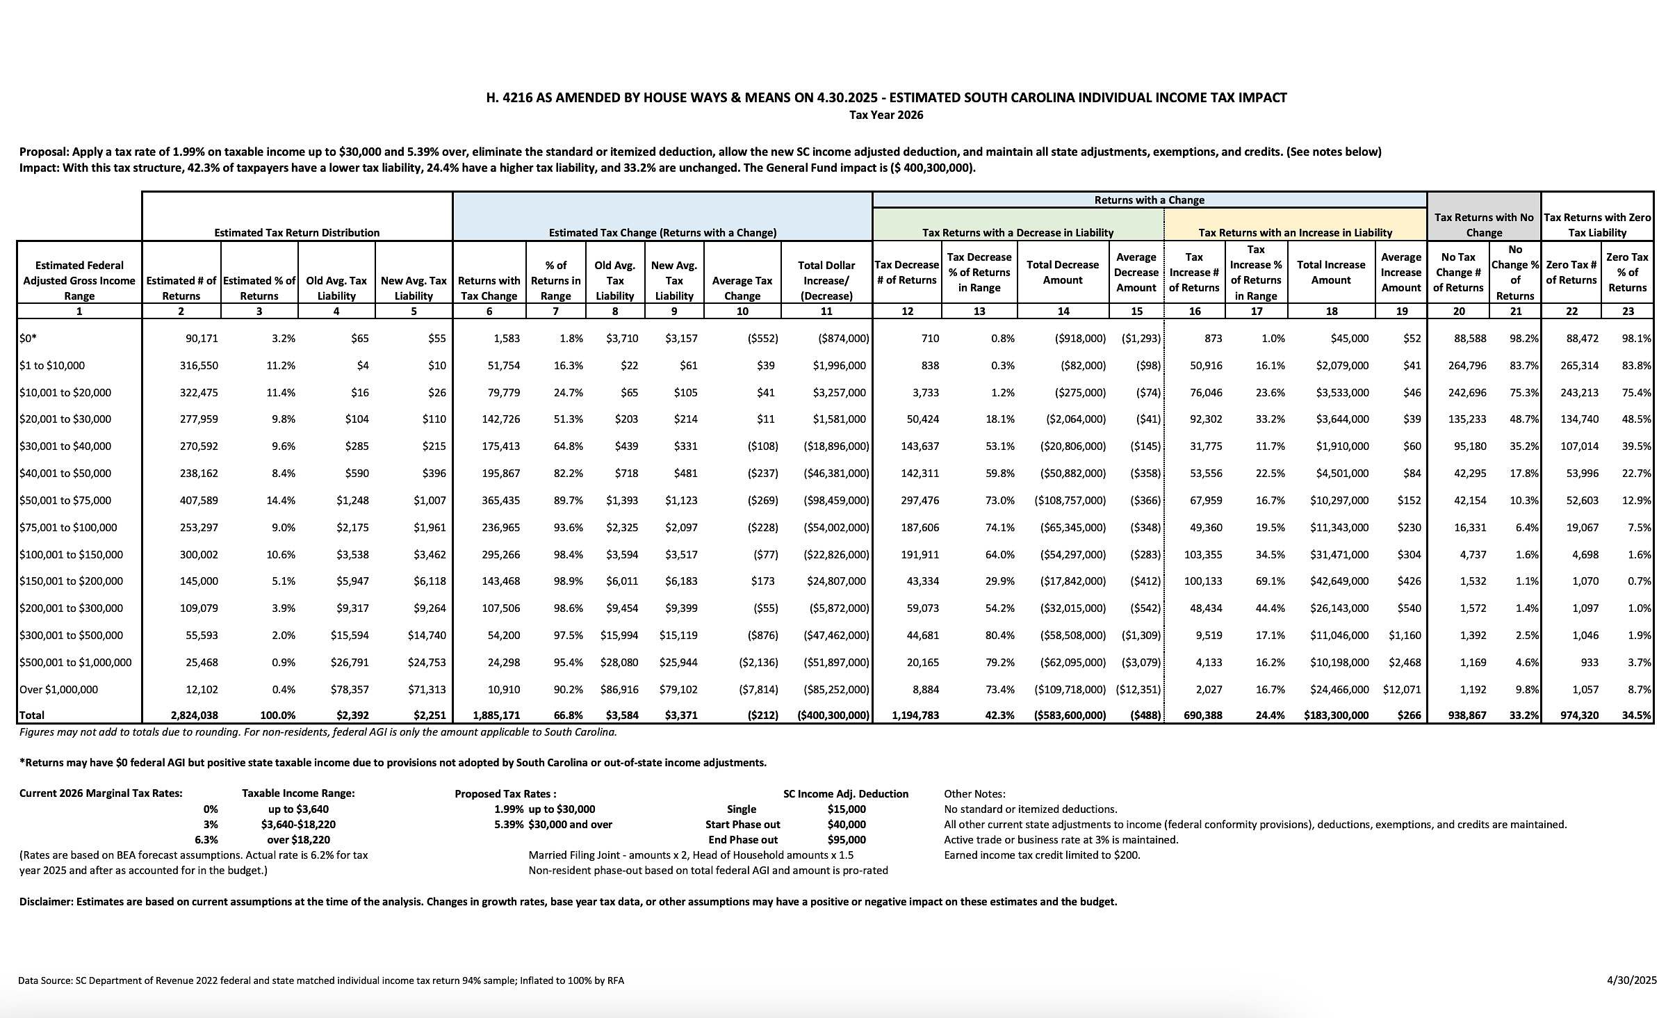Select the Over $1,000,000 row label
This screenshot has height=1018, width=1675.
click(x=59, y=690)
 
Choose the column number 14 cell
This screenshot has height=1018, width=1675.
click(x=1063, y=312)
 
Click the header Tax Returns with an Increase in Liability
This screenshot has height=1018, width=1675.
click(x=1295, y=233)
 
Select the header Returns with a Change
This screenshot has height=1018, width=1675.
click(x=1149, y=200)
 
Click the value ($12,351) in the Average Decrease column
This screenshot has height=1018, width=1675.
click(x=1138, y=690)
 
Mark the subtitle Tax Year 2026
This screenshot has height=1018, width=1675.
click(x=886, y=115)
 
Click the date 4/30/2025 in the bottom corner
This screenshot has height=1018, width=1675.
click(x=1631, y=980)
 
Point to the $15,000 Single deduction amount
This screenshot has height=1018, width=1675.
click(x=847, y=809)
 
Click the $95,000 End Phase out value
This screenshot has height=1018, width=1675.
click(x=847, y=840)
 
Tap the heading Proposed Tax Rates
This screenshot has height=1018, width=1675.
click(x=505, y=794)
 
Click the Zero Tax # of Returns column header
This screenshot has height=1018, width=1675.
click(x=1571, y=273)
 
